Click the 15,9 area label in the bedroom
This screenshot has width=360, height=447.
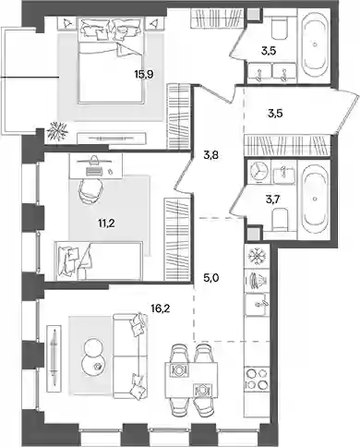[x=144, y=74]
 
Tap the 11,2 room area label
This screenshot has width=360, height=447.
[x=106, y=223]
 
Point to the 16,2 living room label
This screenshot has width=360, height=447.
[x=161, y=308]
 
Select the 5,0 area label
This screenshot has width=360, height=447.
[x=211, y=278]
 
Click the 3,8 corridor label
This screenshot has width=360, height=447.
[x=210, y=155]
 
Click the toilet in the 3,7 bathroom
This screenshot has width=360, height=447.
[x=280, y=219]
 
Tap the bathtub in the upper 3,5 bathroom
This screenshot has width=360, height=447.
[x=315, y=45]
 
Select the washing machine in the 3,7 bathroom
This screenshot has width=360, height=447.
[x=258, y=171]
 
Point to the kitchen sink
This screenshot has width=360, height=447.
[x=256, y=304]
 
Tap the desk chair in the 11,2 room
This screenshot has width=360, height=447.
[x=91, y=191]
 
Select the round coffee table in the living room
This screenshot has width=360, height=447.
[x=93, y=357]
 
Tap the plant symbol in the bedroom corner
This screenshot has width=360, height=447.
[x=57, y=131]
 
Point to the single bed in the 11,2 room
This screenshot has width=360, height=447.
[x=99, y=260]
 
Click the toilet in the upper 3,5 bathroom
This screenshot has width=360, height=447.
[x=280, y=28]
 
